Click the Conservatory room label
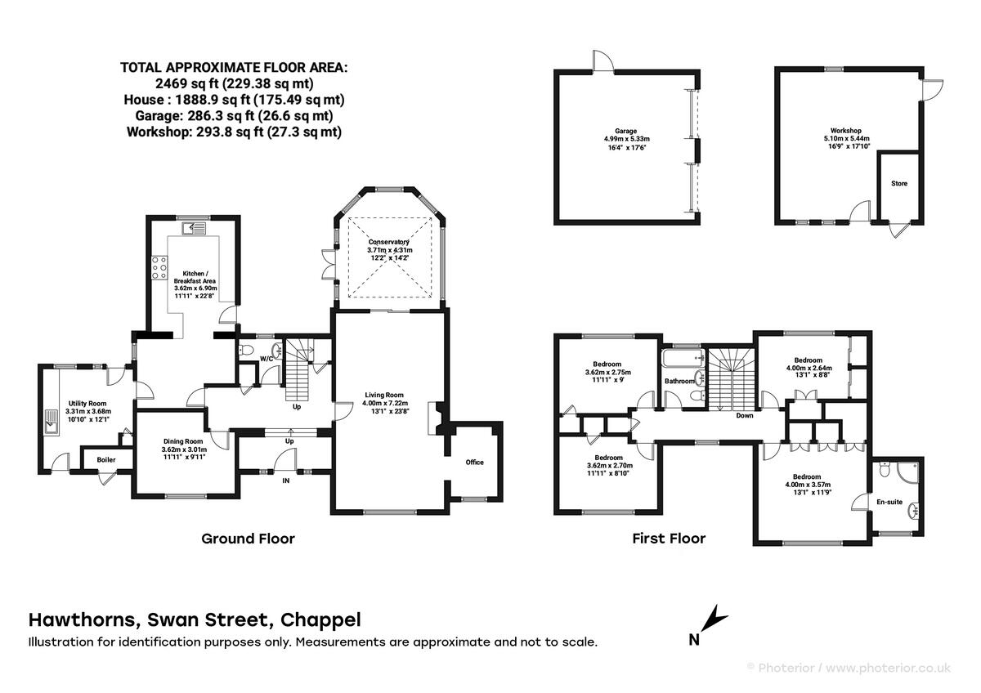[x=390, y=243]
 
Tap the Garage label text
[x=626, y=131]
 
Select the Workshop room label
[x=845, y=131]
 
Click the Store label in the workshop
[x=898, y=184]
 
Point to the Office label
[x=474, y=463]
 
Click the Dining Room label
[x=184, y=440]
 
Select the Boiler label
[x=106, y=460]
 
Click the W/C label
[x=267, y=360]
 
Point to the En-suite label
[x=889, y=502]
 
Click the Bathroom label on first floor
[x=679, y=382]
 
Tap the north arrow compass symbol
[x=709, y=624]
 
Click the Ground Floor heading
[x=248, y=539]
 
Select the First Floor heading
[x=668, y=539]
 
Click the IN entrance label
[x=286, y=482]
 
